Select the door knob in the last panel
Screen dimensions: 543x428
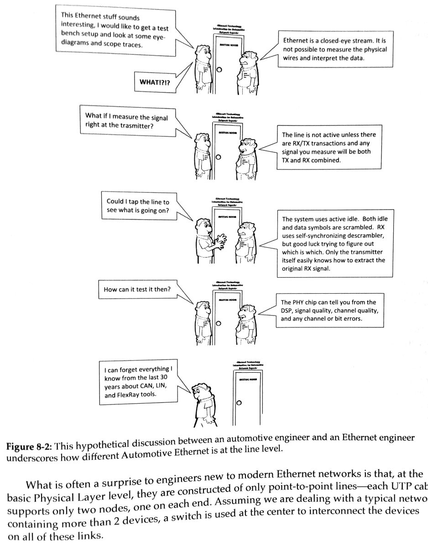pos(238,402)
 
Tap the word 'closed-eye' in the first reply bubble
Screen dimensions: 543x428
pos(335,41)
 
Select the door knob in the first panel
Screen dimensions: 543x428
pos(219,69)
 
